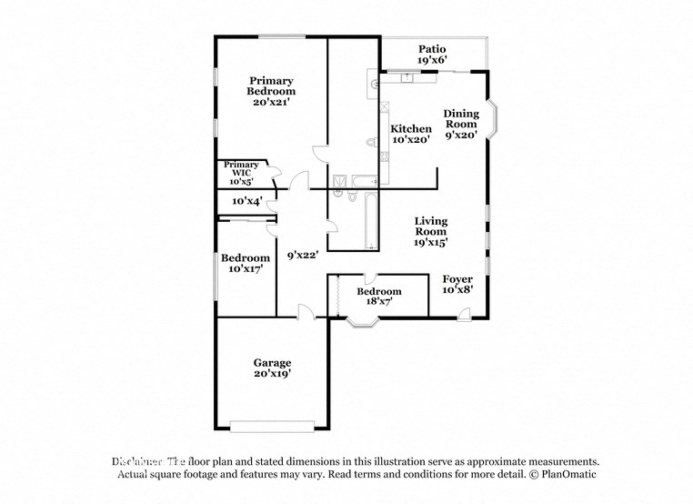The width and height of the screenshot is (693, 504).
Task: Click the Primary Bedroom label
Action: [x=272, y=91]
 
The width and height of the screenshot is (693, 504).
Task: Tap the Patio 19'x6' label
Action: [x=432, y=55]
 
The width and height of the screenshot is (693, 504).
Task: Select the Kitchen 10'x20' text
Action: [x=411, y=135]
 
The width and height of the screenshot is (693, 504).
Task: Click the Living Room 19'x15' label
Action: [x=431, y=232]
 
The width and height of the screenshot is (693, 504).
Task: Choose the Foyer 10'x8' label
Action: [x=457, y=284]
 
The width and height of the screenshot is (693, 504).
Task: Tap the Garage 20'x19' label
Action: [x=272, y=368]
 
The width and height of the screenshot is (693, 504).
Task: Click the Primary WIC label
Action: [x=241, y=173]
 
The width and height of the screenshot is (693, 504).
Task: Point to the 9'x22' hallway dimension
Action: [x=302, y=256]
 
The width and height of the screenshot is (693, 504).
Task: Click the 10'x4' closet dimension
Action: [x=246, y=200]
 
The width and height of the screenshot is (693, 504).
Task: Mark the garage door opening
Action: [x=272, y=425]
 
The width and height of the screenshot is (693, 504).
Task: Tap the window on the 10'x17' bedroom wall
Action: [x=217, y=273]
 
